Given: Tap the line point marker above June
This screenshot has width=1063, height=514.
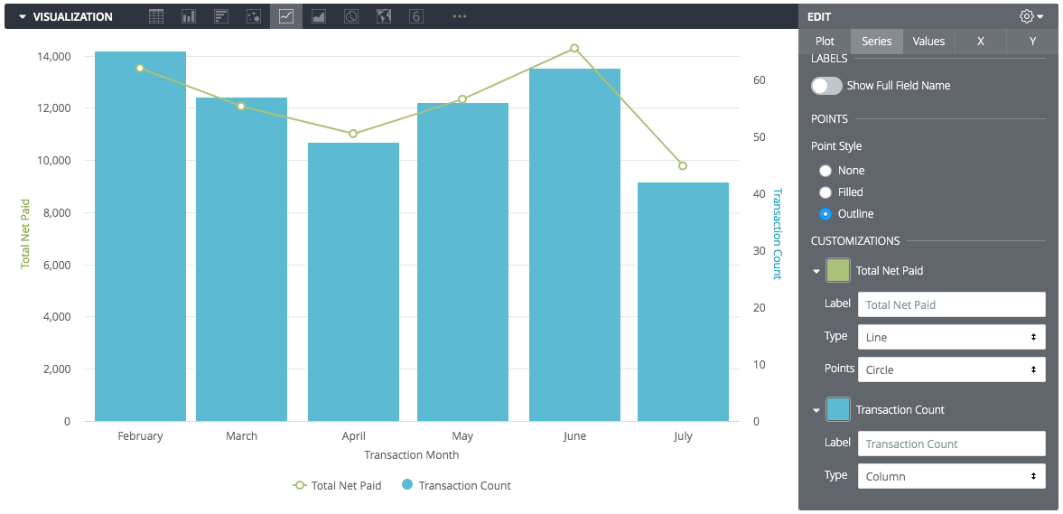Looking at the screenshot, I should pos(574,48).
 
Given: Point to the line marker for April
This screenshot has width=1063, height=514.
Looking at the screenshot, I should pos(353,134).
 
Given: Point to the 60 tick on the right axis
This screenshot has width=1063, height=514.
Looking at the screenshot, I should pos(760,80).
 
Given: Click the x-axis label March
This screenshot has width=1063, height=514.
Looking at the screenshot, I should pos(241,436).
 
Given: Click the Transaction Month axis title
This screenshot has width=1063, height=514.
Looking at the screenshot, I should pos(411,455).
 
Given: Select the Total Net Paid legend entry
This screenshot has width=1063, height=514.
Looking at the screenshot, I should pos(338,486).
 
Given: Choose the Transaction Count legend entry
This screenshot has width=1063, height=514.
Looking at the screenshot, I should pos(456,486).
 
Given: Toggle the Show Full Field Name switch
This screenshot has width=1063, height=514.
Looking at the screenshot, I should pos(826,86).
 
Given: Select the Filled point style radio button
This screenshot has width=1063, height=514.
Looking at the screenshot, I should pos(825,192).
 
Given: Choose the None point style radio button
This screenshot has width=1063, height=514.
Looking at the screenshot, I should pos(825,171).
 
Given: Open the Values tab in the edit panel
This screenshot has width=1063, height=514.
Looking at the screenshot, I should pos(928,42).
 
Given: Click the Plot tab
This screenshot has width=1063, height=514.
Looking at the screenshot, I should pos(825,42).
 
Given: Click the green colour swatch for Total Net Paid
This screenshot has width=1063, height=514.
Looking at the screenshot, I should pos(838,270).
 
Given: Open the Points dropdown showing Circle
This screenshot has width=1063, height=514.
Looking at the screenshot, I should pos(951,369).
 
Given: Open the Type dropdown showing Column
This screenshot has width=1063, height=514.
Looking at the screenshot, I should pos(951,476).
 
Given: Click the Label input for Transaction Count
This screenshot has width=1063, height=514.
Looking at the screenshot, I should pos(951,444).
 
